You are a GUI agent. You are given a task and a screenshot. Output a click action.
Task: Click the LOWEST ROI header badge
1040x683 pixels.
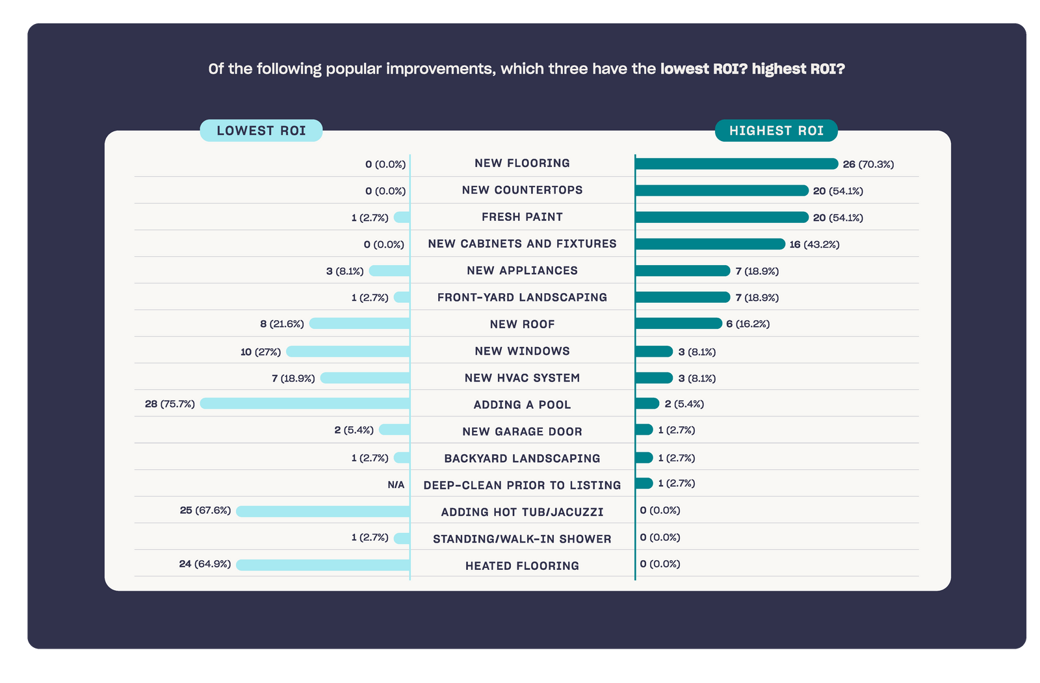click(261, 131)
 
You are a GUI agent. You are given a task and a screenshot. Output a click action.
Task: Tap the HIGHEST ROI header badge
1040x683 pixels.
click(776, 131)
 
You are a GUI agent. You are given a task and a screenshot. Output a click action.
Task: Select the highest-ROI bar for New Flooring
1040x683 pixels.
click(736, 164)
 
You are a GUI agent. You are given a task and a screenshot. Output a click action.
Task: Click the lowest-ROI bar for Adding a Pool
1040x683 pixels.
click(305, 404)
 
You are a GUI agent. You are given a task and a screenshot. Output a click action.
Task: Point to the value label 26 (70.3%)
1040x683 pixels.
click(868, 164)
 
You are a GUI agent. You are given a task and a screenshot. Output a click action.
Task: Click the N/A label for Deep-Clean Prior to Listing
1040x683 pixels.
click(396, 485)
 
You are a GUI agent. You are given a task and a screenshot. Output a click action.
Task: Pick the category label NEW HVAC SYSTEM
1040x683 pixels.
click(522, 378)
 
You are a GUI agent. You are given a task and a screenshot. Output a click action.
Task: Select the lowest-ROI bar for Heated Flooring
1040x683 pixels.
click(323, 565)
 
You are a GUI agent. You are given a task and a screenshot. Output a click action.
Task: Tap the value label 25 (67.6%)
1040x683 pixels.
click(205, 510)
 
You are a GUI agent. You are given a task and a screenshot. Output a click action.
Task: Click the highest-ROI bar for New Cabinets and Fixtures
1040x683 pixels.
click(710, 244)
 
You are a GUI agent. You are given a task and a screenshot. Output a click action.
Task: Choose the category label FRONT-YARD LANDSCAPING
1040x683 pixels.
click(522, 298)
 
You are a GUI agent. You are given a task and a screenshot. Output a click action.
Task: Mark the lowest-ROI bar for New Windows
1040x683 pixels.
click(348, 352)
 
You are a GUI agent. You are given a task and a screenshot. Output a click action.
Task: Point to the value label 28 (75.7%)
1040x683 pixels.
click(170, 404)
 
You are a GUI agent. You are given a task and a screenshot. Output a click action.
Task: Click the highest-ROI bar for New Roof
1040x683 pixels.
click(679, 324)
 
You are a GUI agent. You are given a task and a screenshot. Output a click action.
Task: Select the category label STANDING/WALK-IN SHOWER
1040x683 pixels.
click(522, 539)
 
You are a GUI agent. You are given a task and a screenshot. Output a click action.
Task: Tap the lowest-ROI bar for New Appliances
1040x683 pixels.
click(389, 271)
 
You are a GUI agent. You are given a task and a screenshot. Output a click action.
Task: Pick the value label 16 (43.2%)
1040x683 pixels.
click(814, 244)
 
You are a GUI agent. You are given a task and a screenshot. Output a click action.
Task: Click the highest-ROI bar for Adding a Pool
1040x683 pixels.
click(647, 404)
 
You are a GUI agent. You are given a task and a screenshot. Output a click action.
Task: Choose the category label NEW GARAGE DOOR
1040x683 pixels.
click(522, 432)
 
